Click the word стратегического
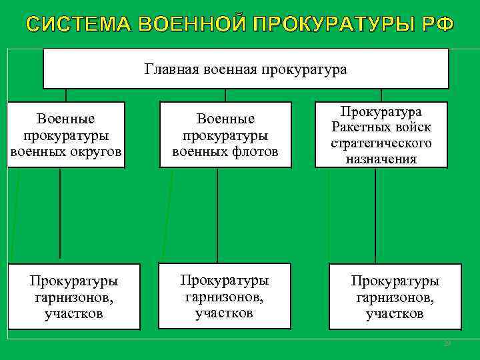click(x=381, y=143)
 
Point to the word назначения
click(x=381, y=159)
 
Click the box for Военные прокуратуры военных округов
click(x=66, y=133)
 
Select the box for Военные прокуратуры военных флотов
click(x=225, y=133)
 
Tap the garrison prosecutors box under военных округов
click(x=74, y=296)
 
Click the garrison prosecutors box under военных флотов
click(x=224, y=295)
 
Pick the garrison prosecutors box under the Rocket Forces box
click(x=395, y=296)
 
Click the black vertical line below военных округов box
click(x=61, y=213)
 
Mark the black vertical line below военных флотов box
click(x=220, y=213)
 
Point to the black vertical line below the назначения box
click(x=375, y=213)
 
